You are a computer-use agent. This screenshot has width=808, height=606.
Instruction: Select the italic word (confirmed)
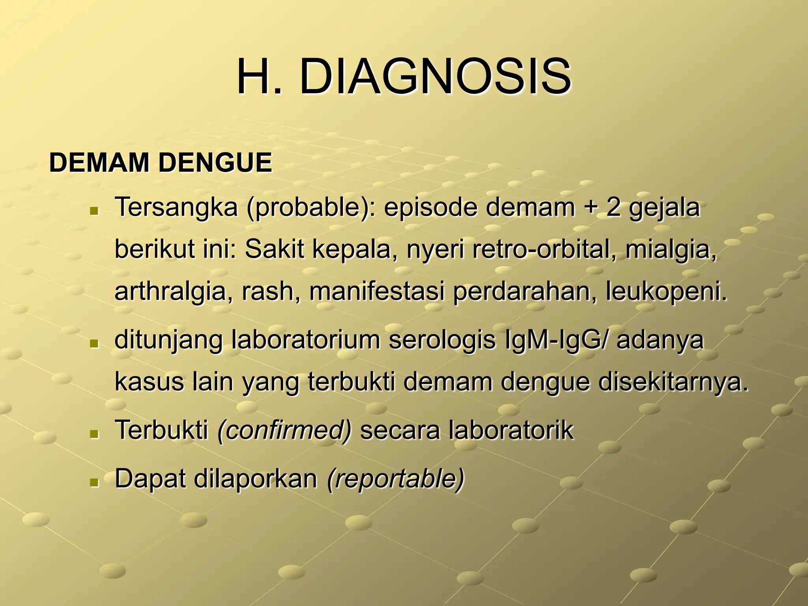(284, 430)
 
